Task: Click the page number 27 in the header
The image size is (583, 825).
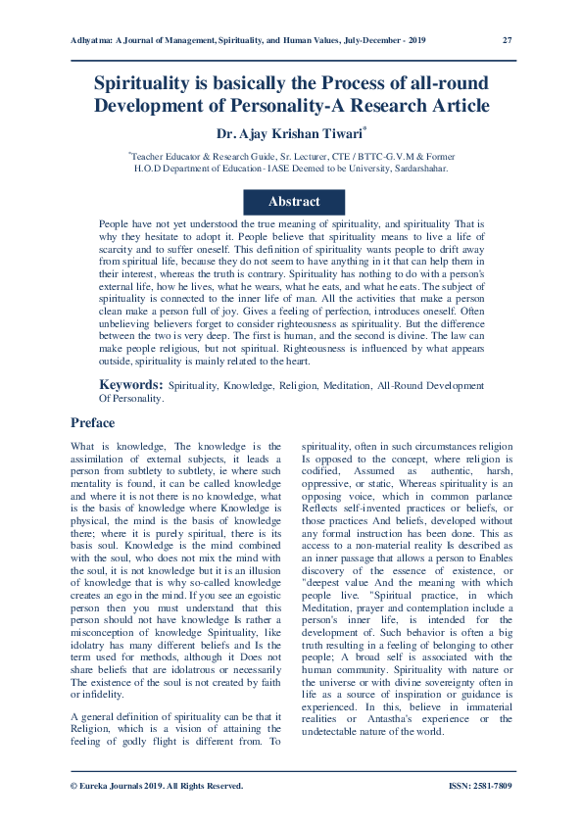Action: tap(507, 40)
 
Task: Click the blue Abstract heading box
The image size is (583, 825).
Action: tap(293, 201)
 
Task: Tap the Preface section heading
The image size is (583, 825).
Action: tap(92, 423)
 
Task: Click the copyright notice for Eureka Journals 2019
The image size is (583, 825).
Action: tap(157, 786)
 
